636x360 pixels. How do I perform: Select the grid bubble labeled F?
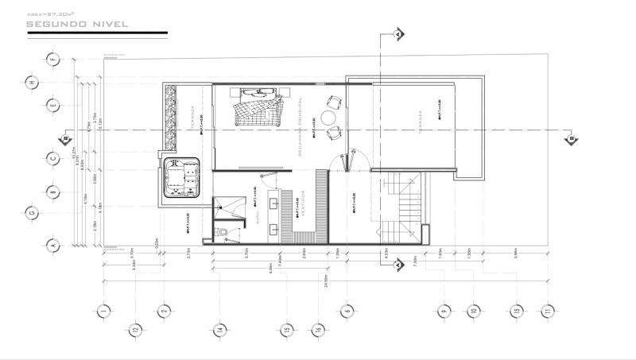[x=53, y=58]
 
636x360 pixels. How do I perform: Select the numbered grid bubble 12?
[x=136, y=329]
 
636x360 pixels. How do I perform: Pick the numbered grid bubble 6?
[x=347, y=311]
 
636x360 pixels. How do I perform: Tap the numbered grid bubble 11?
[x=545, y=311]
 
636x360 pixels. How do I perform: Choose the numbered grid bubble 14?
[x=219, y=329]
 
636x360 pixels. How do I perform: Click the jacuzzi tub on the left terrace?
[x=183, y=179]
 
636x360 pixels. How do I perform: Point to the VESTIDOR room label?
[x=302, y=203]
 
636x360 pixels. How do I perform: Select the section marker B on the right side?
[x=570, y=139]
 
